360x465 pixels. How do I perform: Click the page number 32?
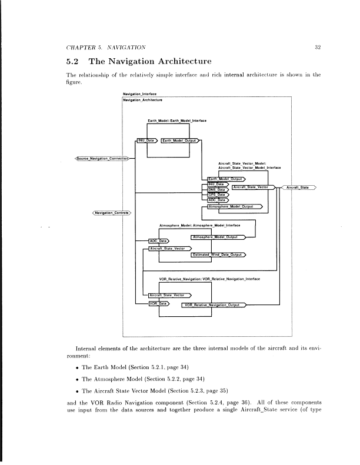coord(316,46)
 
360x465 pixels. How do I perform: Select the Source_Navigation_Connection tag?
coord(103,158)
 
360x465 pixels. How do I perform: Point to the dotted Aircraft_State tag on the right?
coord(299,188)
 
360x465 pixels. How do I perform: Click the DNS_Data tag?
coord(217,189)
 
